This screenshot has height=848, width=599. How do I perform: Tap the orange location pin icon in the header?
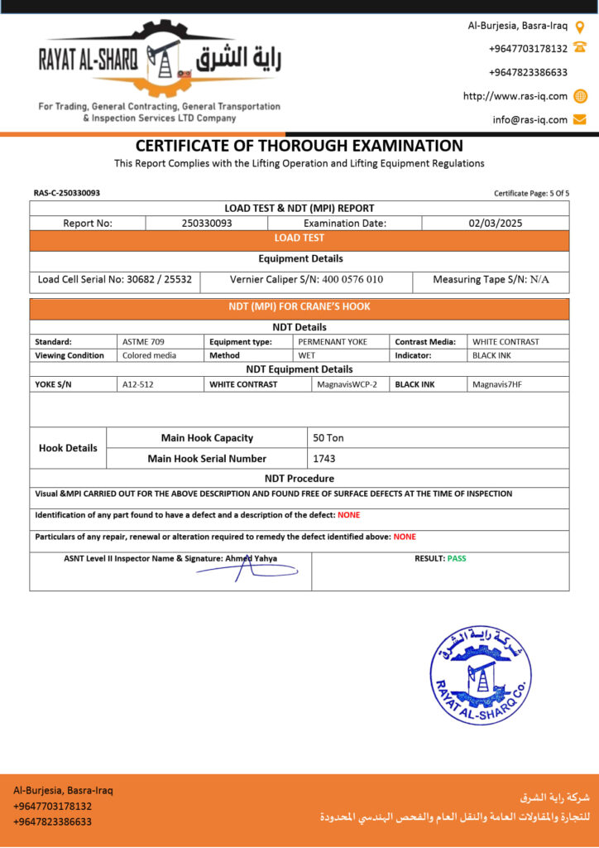coord(580,26)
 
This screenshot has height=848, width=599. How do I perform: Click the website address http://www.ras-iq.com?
coord(515,96)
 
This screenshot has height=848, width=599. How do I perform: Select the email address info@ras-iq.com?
coord(530,119)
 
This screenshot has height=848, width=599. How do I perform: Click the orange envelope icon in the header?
coord(580,119)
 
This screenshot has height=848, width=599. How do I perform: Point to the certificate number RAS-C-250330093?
coord(67,193)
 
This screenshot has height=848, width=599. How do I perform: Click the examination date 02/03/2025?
coord(495,223)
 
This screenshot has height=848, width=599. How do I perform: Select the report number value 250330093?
coord(207,223)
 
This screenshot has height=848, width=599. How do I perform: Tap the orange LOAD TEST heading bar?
coord(299,238)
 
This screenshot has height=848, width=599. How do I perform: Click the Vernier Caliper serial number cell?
coord(306,280)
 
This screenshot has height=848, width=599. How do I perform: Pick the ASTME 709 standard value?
coord(143,341)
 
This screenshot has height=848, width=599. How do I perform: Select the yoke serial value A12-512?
coord(138,384)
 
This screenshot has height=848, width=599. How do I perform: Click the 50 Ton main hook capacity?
coord(328,437)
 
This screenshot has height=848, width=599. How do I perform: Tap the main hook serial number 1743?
coord(324,458)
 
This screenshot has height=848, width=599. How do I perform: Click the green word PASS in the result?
coord(457,558)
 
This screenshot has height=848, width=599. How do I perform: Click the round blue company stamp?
coord(481,675)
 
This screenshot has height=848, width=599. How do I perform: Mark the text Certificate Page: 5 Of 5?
coord(531,193)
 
